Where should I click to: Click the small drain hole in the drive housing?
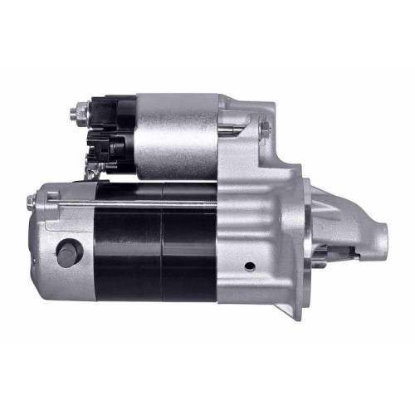point(248,266)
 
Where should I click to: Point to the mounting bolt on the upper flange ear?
point(263,128)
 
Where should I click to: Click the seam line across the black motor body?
point(162,249)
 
